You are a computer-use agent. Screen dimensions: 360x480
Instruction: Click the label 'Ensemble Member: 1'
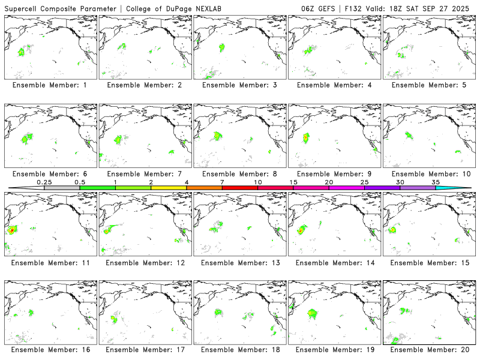click(x=49, y=85)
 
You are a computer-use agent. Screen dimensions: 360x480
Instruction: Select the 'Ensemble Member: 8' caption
click(x=239, y=174)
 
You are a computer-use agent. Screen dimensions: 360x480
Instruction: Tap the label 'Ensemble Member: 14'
click(x=334, y=262)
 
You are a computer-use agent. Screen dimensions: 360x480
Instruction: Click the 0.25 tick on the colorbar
click(x=44, y=182)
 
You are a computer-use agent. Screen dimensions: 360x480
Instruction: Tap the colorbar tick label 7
click(x=222, y=182)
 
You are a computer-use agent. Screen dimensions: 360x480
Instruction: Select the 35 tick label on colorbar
click(x=436, y=182)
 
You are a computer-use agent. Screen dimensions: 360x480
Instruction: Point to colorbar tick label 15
click(x=293, y=182)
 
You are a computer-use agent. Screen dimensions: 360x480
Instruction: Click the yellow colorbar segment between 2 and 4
click(x=169, y=188)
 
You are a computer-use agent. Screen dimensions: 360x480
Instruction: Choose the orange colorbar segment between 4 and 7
click(x=204, y=188)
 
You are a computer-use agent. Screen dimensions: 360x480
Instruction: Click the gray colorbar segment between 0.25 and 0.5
click(x=62, y=188)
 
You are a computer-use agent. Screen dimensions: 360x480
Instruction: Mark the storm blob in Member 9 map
click(x=306, y=138)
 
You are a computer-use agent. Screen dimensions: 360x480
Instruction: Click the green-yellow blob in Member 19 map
click(x=312, y=313)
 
